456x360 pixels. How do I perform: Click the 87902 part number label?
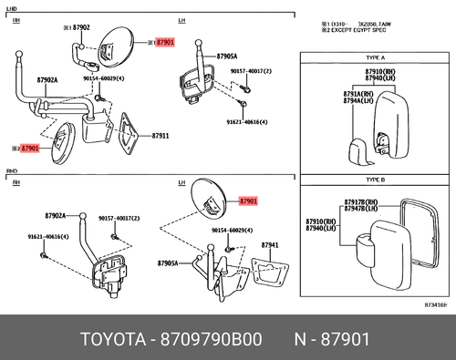tap(80, 28)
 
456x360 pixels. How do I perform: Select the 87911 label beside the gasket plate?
tap(161, 136)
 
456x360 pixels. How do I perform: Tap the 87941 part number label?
tap(270, 245)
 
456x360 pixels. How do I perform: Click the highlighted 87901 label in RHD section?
tap(248, 201)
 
